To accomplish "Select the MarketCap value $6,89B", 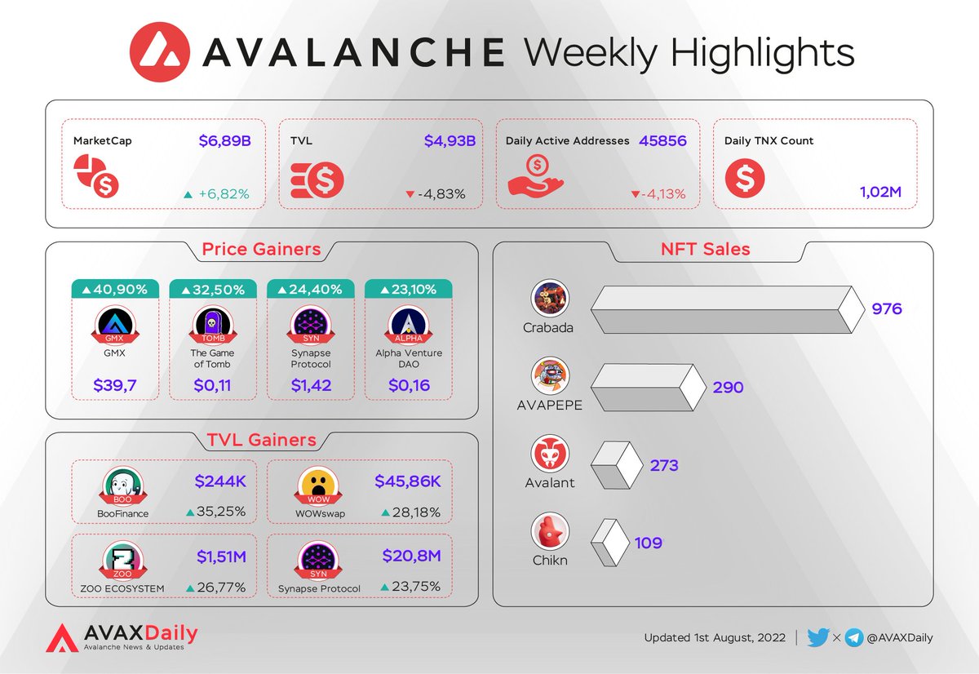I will [x=224, y=140].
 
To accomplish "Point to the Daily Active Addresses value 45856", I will [x=663, y=140].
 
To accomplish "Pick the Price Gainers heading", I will [x=261, y=249].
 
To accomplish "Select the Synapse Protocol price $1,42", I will [x=311, y=385].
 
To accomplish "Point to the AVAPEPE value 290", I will [x=728, y=387].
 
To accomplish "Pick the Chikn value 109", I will [x=648, y=543].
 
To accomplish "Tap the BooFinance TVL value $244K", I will [x=220, y=481].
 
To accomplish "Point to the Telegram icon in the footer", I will [x=854, y=638].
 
